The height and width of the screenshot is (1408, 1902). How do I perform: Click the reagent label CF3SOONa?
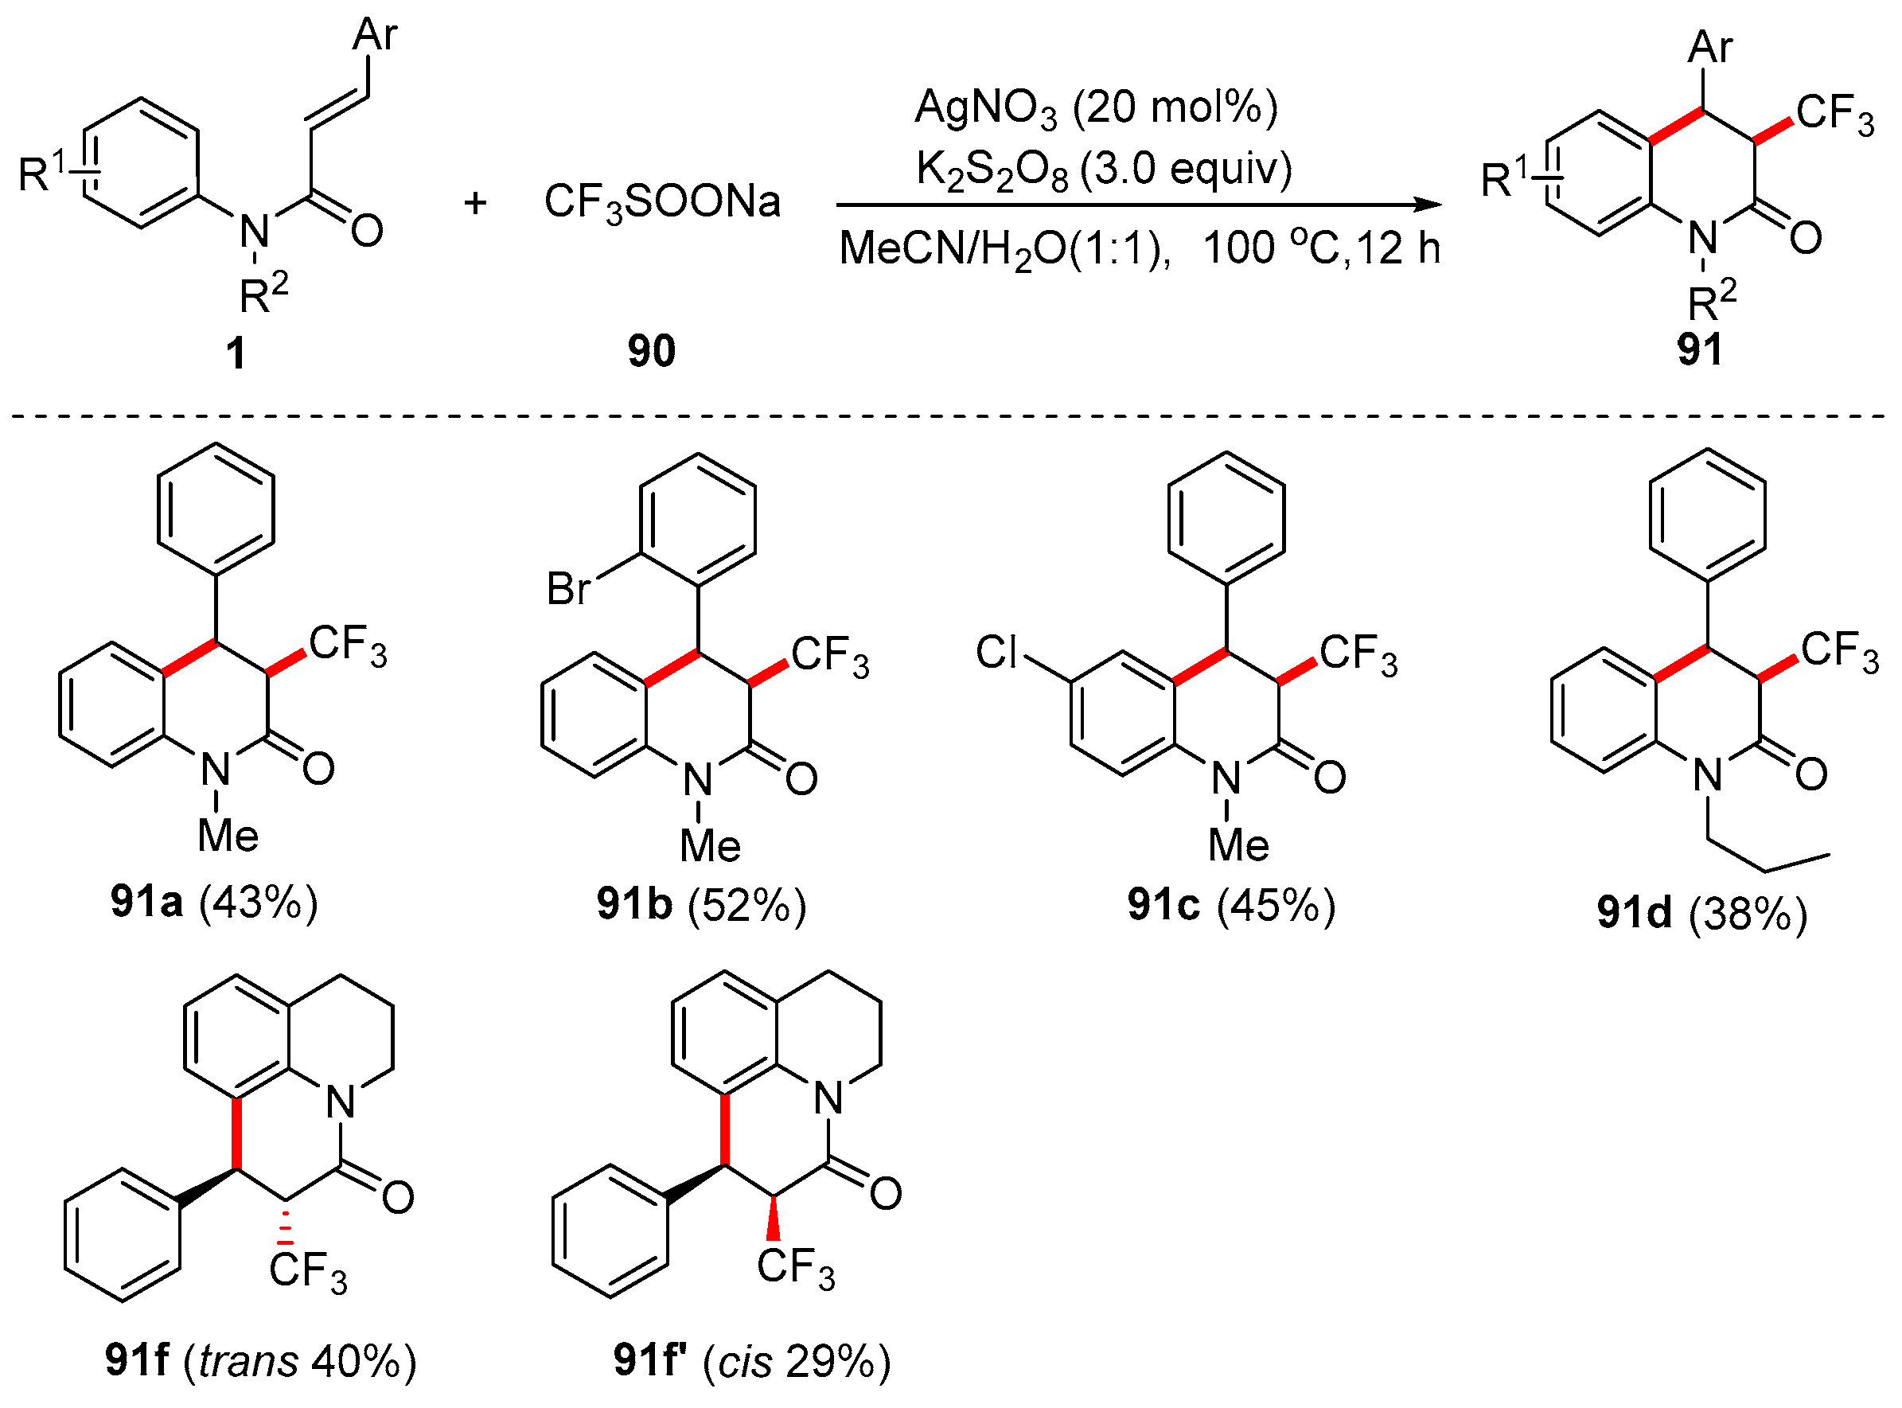point(661,203)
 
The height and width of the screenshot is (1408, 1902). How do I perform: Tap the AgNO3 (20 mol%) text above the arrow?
point(1096,109)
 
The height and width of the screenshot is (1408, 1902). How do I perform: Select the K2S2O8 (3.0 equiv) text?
point(1104,170)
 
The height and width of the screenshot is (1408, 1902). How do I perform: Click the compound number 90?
point(651,350)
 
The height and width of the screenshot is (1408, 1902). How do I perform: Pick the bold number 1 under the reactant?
point(236,352)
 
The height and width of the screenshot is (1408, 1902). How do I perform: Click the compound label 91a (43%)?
point(214,902)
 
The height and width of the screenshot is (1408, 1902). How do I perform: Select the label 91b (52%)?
point(700,904)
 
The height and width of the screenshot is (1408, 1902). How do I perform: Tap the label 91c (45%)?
point(1230,904)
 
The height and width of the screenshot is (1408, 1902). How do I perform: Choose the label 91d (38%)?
point(1701,913)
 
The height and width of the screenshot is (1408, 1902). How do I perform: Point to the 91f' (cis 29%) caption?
point(751,1360)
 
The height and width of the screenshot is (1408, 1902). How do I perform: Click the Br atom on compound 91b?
point(568,588)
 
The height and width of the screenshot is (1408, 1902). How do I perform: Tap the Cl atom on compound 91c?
point(996,652)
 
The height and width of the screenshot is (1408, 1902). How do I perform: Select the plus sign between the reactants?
point(474,203)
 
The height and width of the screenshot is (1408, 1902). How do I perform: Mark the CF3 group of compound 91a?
point(348,645)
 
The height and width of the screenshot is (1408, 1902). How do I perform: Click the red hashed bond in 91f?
point(286,1226)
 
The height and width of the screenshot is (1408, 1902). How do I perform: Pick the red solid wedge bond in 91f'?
point(773,1219)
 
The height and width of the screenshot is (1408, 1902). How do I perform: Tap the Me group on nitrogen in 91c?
point(1238,845)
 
